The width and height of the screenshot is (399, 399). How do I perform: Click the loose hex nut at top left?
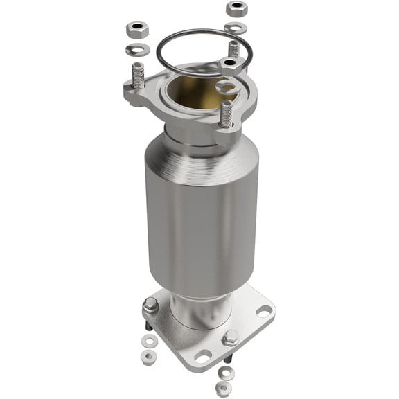click(135, 30)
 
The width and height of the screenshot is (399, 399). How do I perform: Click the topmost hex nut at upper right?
click(237, 9)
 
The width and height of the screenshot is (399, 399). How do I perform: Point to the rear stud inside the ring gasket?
click(234, 50)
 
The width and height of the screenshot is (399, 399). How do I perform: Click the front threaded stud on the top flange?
click(226, 114)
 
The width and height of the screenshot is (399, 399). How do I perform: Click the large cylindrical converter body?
click(201, 208)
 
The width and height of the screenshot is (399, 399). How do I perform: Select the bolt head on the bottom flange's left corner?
click(150, 305)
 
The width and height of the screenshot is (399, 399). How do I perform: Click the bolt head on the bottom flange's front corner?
click(231, 337)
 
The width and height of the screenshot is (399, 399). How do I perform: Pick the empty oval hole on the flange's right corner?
click(263, 310)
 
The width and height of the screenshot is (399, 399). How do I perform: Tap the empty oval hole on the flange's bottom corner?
click(202, 357)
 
